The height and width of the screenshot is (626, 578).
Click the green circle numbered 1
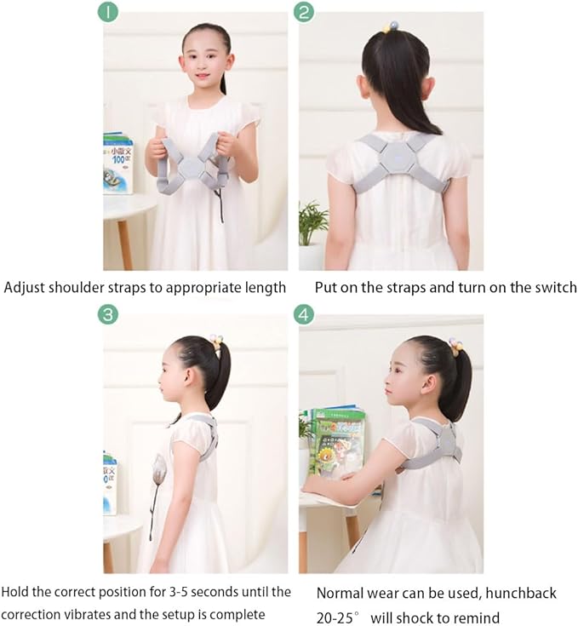pos(108,12)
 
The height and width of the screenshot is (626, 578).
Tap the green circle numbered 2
pos(304,12)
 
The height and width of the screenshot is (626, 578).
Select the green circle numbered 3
pos(108,315)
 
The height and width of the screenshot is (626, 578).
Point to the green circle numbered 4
pos(304,315)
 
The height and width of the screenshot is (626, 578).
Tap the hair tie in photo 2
pos(390,26)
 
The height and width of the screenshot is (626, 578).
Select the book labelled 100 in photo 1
pos(117,164)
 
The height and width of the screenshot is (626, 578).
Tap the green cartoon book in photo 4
pos(338,441)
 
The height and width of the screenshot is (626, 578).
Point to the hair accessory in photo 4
pos(455,343)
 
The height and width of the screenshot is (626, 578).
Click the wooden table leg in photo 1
pos(125,244)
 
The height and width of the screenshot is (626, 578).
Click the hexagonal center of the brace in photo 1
pos(192,167)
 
